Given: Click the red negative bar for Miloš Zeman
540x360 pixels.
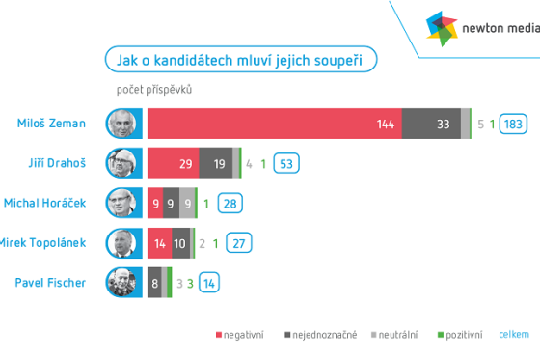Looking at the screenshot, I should click(x=275, y=124).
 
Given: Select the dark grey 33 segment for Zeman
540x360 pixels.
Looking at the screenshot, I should click(x=431, y=124).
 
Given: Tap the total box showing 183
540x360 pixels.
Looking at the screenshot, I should click(x=513, y=124).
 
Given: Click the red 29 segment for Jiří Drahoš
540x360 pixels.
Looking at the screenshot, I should click(x=174, y=163).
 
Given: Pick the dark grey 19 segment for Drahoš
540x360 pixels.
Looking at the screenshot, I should click(x=216, y=163).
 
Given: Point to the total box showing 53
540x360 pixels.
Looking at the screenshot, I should click(x=285, y=163).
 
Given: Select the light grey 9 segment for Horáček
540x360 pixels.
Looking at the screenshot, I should click(x=187, y=203).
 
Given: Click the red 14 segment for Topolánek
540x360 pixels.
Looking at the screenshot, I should click(x=160, y=242).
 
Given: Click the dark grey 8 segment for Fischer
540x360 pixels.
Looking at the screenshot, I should click(x=155, y=283).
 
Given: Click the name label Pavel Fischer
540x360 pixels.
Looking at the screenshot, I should click(x=51, y=283).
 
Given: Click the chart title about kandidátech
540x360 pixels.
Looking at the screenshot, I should click(x=240, y=60).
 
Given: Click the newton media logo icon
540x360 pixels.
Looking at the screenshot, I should click(x=445, y=29).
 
